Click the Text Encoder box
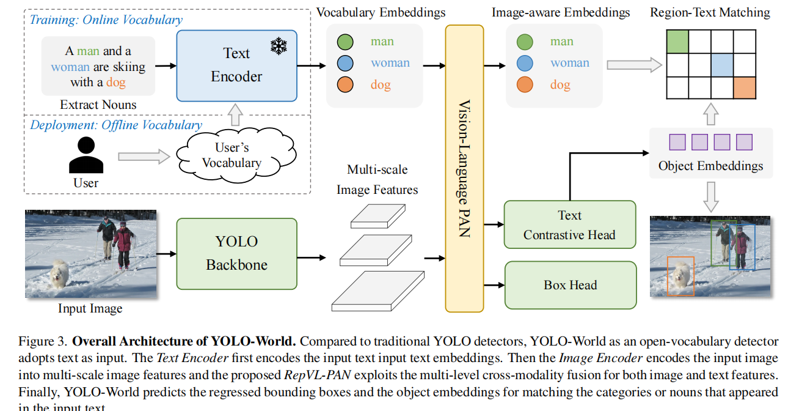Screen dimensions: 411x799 [x=236, y=65]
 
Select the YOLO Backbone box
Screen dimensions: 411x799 [x=236, y=253]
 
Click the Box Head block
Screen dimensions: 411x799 [x=570, y=285]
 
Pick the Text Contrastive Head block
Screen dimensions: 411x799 [x=569, y=224]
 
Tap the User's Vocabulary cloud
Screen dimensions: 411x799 [x=232, y=155]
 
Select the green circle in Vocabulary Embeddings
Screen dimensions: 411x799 [x=345, y=42]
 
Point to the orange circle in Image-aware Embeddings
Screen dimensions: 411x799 [x=525, y=84]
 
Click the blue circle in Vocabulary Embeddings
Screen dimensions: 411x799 [x=345, y=63]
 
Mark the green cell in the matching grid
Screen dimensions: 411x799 [x=677, y=42]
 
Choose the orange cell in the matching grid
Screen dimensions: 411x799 [x=745, y=87]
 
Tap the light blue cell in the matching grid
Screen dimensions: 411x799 [x=722, y=65]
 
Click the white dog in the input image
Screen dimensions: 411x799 [x=60, y=274]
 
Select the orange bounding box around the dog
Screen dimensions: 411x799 [x=680, y=276]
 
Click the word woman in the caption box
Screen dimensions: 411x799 [x=70, y=67]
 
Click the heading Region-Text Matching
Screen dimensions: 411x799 [x=710, y=12]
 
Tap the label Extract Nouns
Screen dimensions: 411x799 [x=98, y=105]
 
